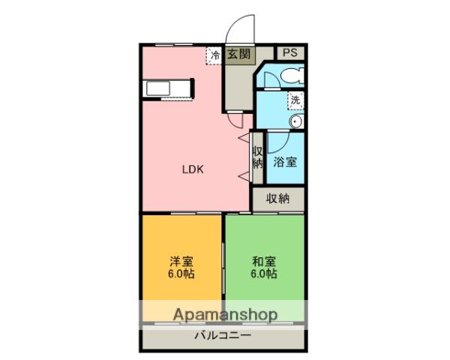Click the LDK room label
point(193,169)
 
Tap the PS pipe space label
point(290,53)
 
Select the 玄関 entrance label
point(239,54)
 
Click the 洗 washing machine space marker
point(295,100)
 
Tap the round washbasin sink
point(295,122)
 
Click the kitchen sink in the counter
point(158,88)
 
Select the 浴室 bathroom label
point(285,162)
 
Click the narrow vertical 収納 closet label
point(257,157)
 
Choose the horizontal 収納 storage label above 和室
point(277,198)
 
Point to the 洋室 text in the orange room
point(181,262)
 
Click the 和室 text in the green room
point(264,262)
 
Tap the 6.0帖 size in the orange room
point(181,274)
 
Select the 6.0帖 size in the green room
point(264,274)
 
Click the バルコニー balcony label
point(223,335)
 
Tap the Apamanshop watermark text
point(225,314)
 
